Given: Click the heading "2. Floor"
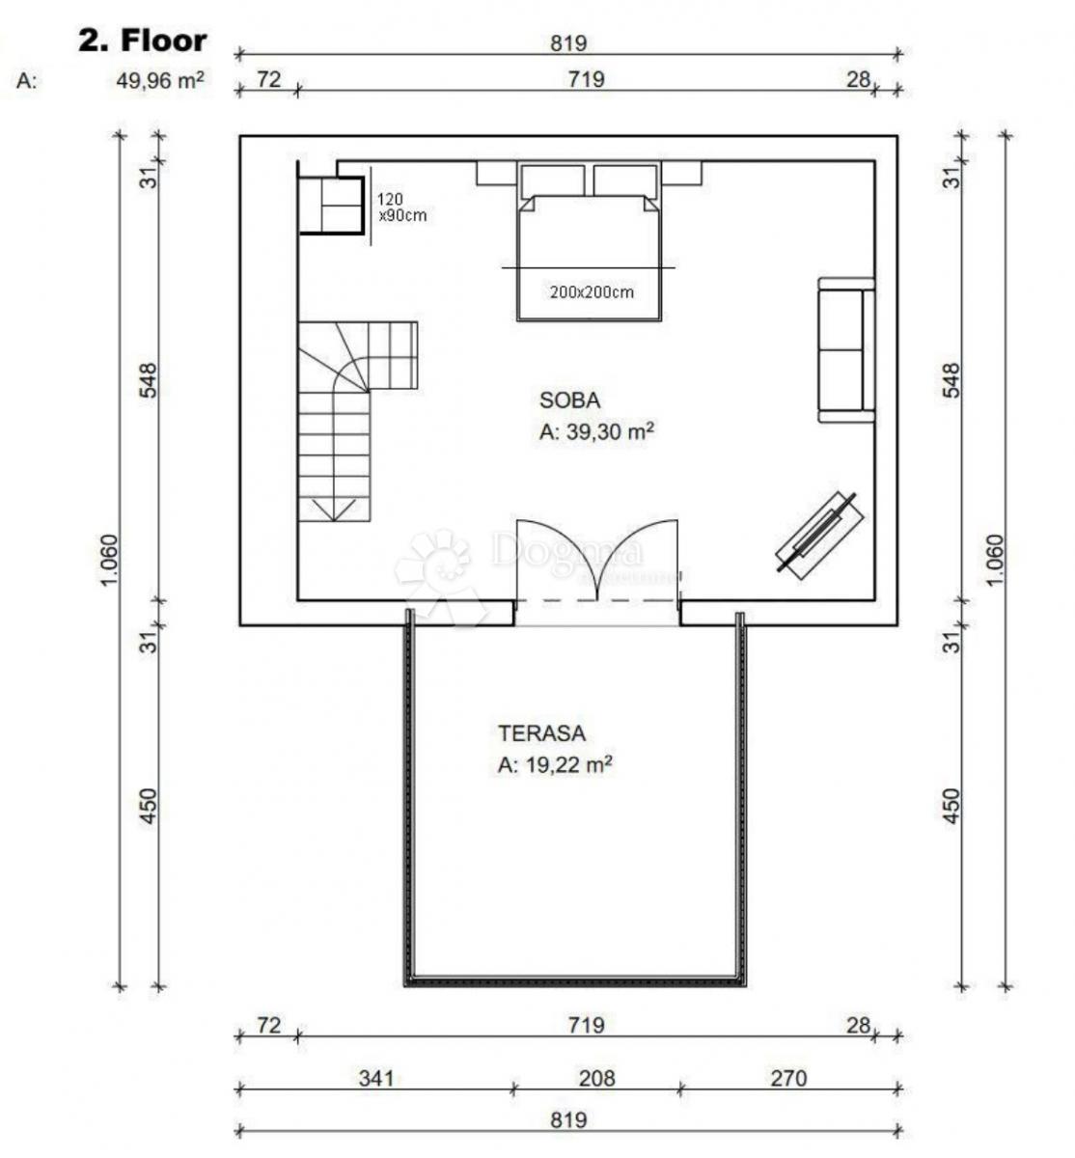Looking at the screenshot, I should click(x=142, y=41).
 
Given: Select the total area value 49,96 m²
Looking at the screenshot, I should click(x=160, y=81).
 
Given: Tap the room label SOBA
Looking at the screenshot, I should click(x=569, y=400).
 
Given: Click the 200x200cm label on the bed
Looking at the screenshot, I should click(x=592, y=291).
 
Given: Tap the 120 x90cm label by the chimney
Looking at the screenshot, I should click(x=400, y=207).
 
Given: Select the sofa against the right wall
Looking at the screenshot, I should click(x=845, y=349).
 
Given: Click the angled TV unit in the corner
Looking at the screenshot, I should click(x=817, y=537).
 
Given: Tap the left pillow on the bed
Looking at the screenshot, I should click(x=553, y=180).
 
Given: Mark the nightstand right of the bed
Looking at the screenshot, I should click(x=681, y=173).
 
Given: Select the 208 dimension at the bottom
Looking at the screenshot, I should click(x=596, y=1078).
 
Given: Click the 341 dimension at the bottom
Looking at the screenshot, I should click(x=375, y=1078).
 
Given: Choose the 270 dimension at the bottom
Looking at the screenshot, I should click(x=788, y=1078).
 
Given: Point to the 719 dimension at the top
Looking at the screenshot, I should click(x=586, y=79).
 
